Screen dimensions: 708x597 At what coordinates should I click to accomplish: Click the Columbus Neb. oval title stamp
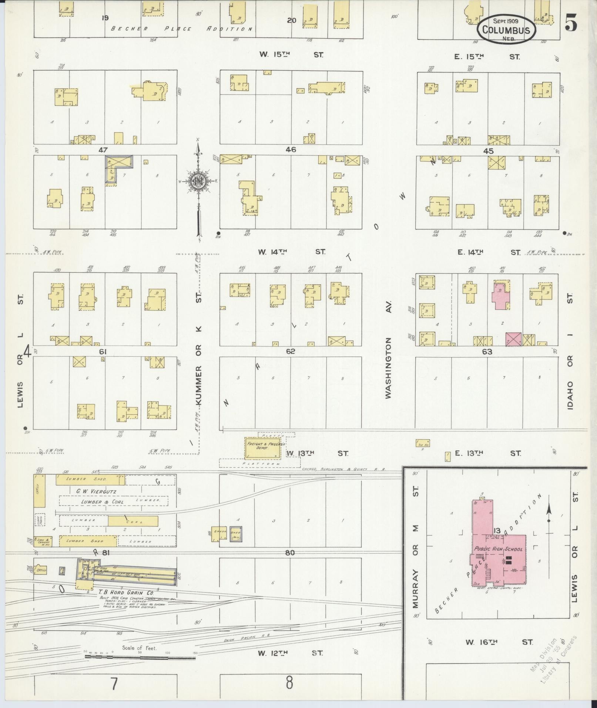(x=506, y=30)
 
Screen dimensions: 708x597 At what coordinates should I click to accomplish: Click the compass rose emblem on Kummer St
(x=199, y=181)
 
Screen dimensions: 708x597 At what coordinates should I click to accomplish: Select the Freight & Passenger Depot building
(x=262, y=448)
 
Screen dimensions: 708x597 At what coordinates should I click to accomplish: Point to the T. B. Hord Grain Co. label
(x=123, y=591)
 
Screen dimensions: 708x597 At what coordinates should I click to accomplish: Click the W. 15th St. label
(x=291, y=55)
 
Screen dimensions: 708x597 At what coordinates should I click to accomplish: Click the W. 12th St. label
(x=290, y=653)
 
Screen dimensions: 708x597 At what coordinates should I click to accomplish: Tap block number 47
(x=103, y=150)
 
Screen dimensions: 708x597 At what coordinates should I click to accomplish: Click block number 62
(x=290, y=351)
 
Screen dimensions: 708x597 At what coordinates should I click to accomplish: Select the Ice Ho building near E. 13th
(x=422, y=443)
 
